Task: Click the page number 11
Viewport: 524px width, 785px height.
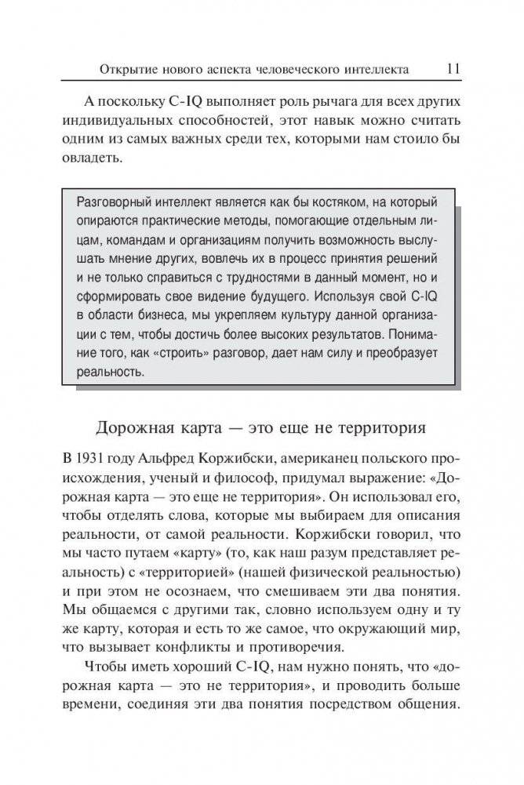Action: pyautogui.click(x=452, y=68)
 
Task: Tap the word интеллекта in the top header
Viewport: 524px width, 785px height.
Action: pyautogui.click(x=372, y=70)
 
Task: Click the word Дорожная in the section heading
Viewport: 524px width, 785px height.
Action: pyautogui.click(x=129, y=429)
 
